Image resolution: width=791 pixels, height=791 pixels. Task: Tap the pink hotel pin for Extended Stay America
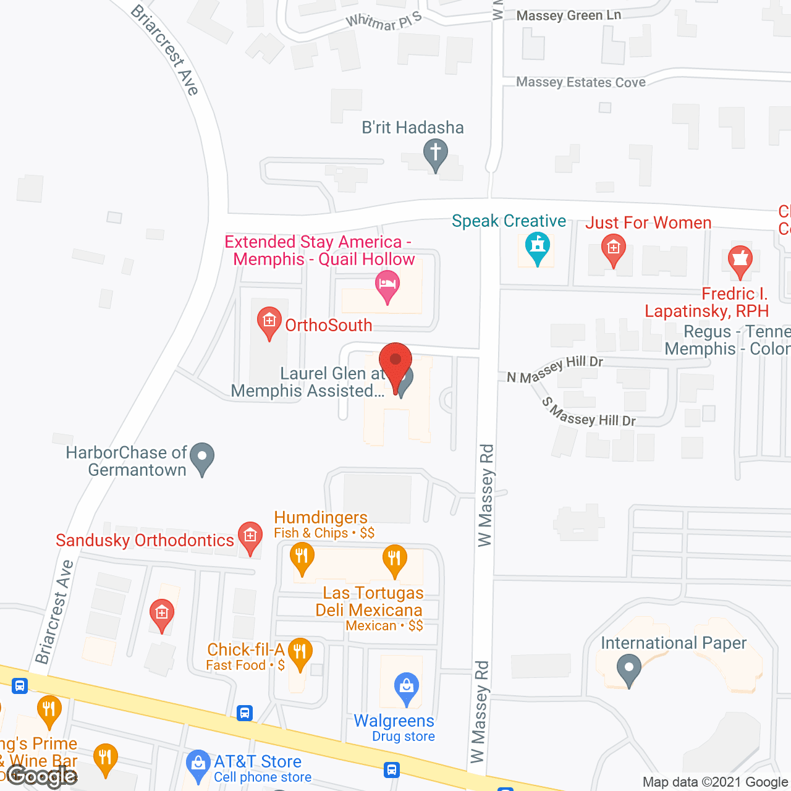click(387, 285)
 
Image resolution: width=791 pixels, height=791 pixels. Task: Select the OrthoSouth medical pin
click(269, 321)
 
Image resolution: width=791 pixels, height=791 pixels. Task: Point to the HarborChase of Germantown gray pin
click(201, 457)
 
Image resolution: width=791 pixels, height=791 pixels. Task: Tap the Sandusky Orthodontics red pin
click(250, 536)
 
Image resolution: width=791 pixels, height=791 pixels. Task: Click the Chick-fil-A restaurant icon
click(300, 653)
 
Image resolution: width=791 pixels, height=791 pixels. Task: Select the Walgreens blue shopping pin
click(407, 687)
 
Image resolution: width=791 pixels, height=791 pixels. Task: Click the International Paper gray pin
click(629, 669)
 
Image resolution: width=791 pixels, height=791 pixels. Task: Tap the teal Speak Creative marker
click(538, 247)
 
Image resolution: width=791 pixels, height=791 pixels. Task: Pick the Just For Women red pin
click(613, 249)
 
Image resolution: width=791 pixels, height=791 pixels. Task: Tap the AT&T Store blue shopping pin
click(198, 764)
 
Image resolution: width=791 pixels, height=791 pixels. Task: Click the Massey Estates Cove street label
click(581, 82)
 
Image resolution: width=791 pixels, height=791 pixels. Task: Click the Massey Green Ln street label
click(569, 15)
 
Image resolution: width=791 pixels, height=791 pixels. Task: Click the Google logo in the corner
click(42, 776)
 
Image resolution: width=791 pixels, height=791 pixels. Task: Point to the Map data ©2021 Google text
click(715, 782)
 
